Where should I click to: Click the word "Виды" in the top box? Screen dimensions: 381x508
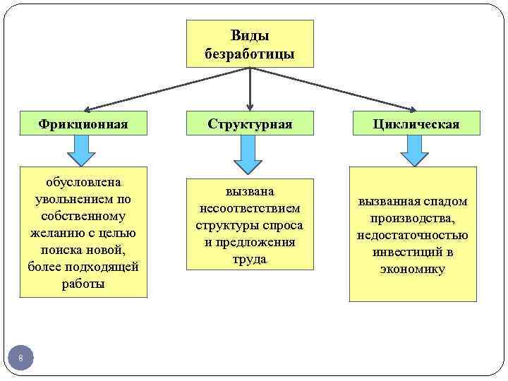[x=250, y=35]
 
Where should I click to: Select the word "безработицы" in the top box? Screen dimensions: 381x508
[x=250, y=54]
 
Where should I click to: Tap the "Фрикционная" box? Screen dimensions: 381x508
[x=83, y=124]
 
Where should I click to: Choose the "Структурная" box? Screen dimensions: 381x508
[x=250, y=124]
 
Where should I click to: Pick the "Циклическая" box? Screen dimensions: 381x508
[x=416, y=124]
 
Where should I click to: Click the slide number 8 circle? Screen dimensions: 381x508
[x=21, y=359]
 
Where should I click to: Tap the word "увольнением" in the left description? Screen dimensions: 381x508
[x=83, y=199]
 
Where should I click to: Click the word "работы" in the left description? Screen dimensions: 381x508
[x=83, y=284]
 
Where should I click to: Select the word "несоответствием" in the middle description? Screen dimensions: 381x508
[x=250, y=208]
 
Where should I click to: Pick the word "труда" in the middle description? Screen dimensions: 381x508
[x=250, y=260]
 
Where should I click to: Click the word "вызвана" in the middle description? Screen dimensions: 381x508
[x=250, y=191]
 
